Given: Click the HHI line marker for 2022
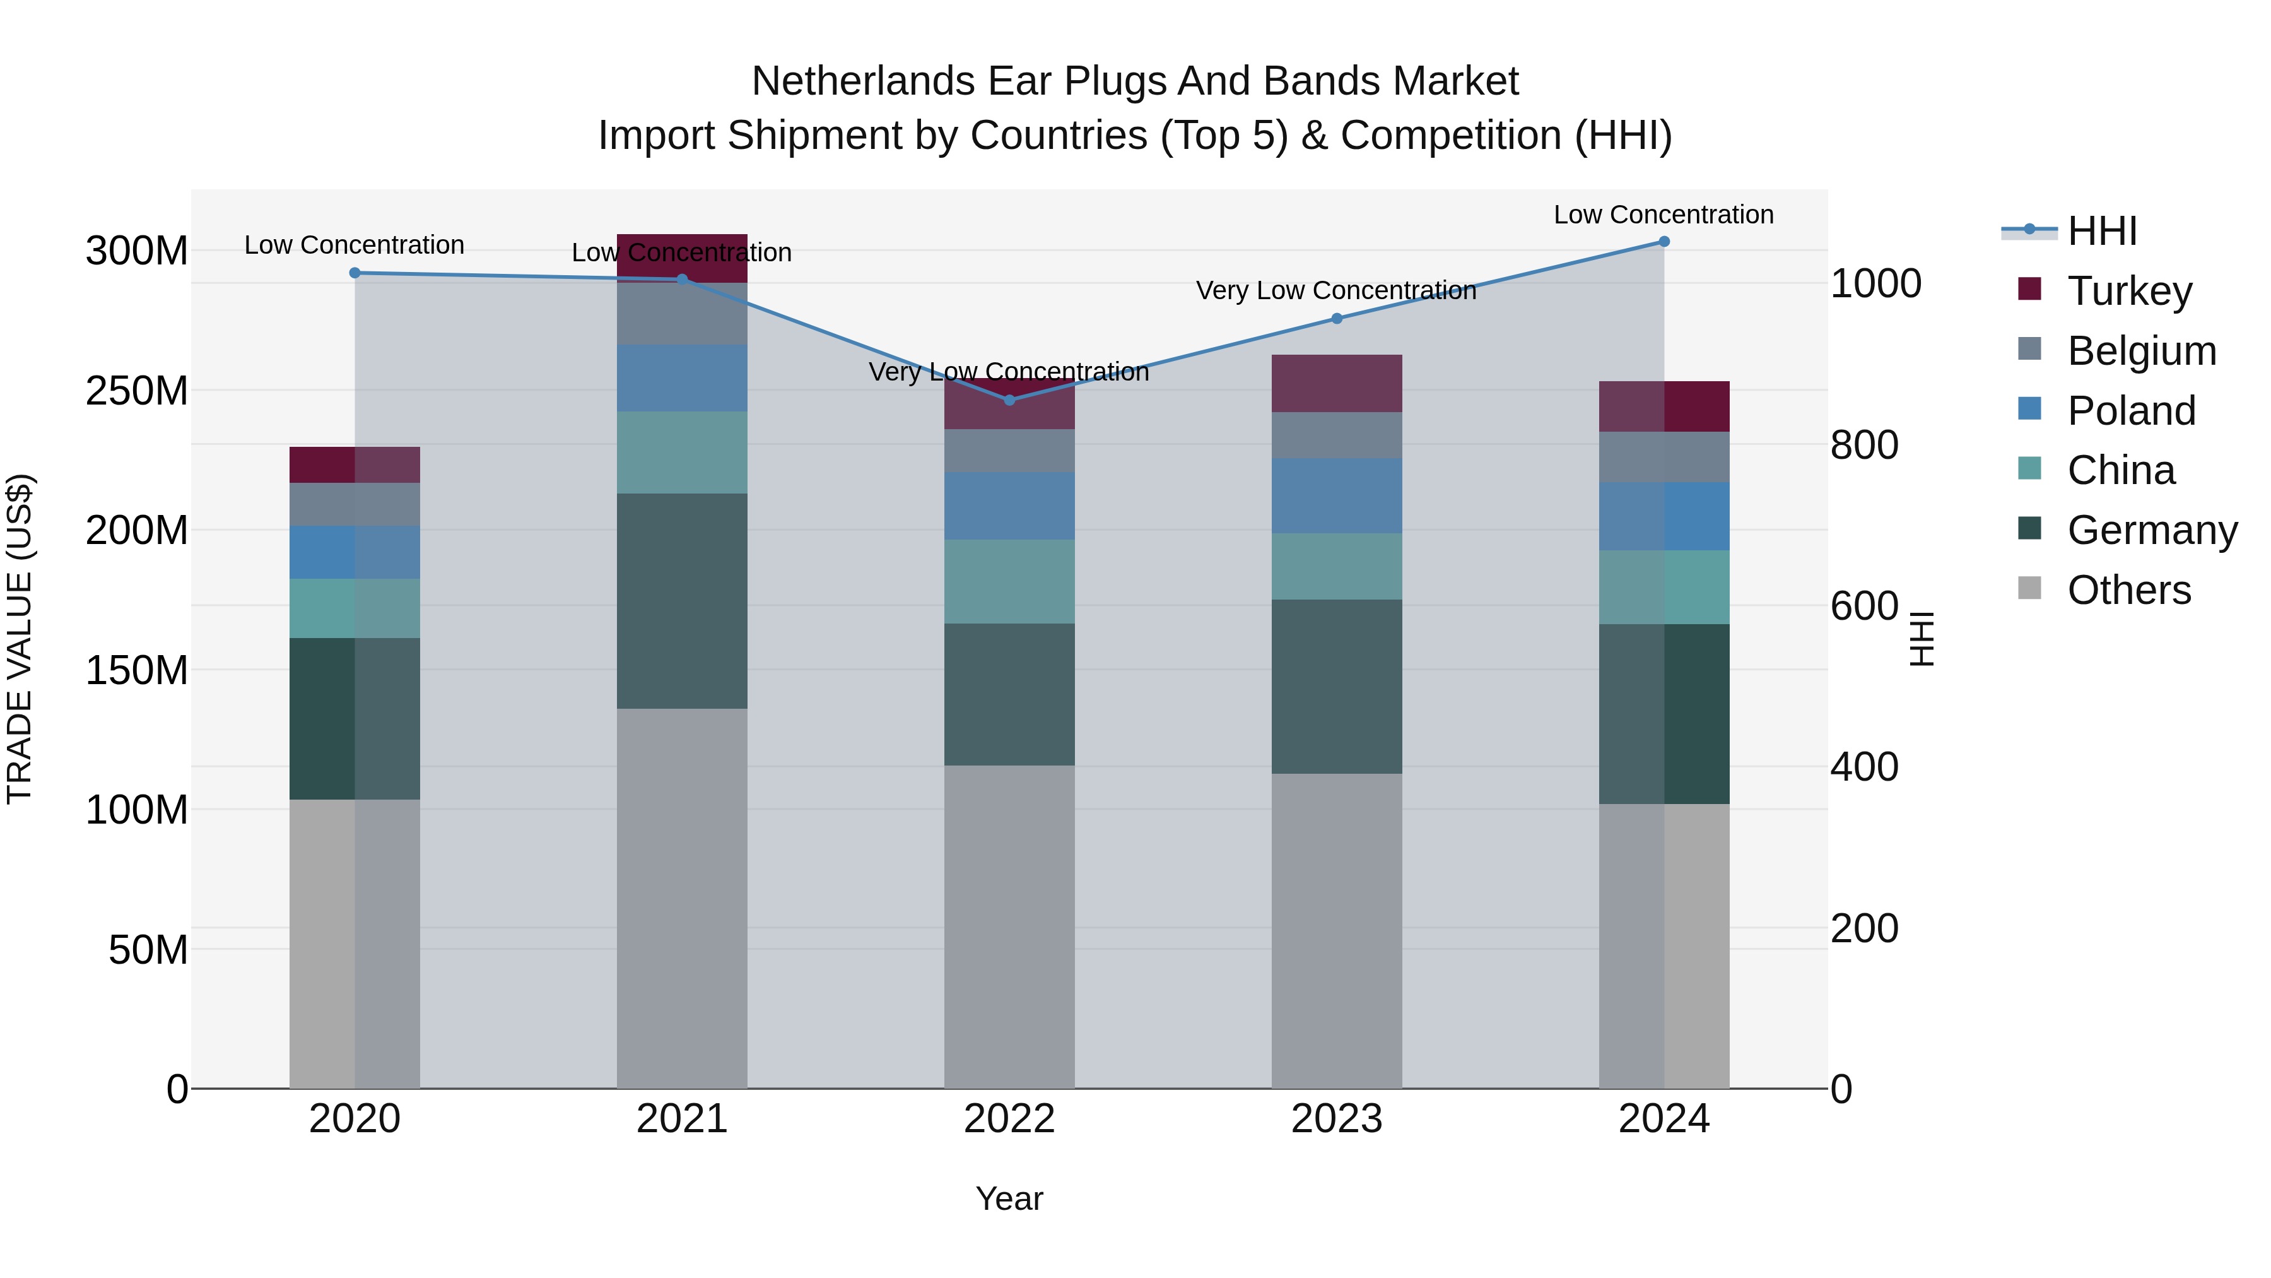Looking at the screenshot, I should pos(1009,400).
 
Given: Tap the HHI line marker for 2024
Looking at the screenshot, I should pos(1664,242).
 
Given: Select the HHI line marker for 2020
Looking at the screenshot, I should pos(355,273).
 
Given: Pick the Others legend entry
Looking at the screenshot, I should pos(2128,590).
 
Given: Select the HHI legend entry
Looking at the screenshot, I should pos(2102,231).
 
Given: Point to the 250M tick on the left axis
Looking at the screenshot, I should pos(137,391).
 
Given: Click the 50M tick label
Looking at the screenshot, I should pos(147,950).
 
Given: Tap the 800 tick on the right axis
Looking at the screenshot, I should pos(1863,444).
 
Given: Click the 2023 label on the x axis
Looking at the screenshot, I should pos(1337,1119).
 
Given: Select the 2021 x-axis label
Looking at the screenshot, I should pos(681,1119).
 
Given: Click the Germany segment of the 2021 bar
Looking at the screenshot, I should pos(681,601).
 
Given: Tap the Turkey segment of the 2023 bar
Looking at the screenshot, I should pos(1337,384).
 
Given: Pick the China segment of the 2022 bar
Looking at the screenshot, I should pos(1009,581).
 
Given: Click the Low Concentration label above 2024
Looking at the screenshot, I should pos(1663,215).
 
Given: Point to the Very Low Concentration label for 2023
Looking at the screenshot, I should pos(1335,290).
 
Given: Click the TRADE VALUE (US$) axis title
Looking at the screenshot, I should pos(20,639).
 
